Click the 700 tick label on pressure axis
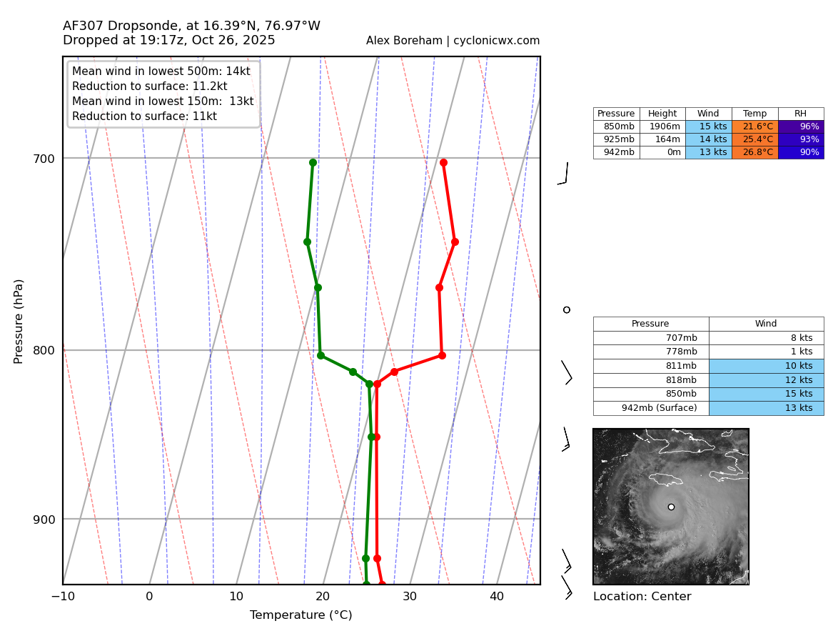point(44,159)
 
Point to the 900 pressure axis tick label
point(44,520)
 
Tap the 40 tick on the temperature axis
point(497,597)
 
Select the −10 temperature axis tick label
point(63,597)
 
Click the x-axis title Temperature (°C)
point(301,615)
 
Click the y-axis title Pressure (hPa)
point(19,321)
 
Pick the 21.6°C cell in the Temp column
point(754,126)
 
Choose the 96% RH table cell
point(801,126)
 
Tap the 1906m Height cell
point(662,126)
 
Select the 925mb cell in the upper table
point(616,139)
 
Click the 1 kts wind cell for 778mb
point(766,352)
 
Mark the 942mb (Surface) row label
point(650,408)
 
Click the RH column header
point(801,114)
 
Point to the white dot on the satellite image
point(671,507)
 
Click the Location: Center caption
point(642,597)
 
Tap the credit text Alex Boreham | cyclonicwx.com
point(453,41)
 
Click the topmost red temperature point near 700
point(443,162)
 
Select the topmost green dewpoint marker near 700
point(313,162)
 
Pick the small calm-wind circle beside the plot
point(567,309)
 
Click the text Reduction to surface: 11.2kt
point(149,86)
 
